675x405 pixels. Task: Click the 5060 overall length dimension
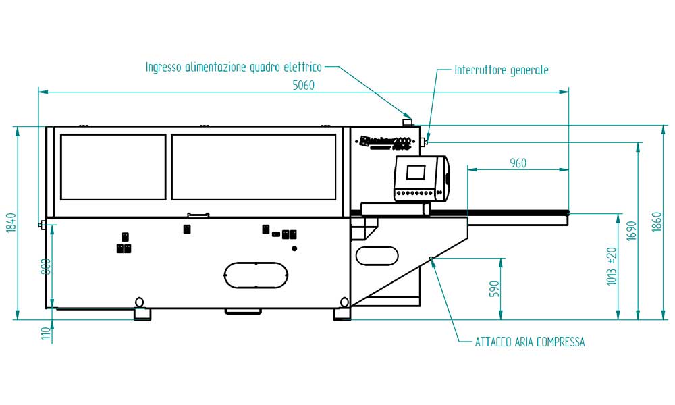tap(303, 85)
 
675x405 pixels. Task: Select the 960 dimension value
tap(518, 163)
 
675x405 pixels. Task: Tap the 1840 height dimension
tap(11, 223)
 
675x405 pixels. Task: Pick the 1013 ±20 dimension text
tap(612, 265)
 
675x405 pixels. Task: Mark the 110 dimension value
tap(45, 333)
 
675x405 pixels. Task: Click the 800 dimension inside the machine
tap(45, 268)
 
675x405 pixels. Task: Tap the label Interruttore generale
tap(501, 70)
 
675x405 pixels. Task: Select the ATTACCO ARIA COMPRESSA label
tap(530, 342)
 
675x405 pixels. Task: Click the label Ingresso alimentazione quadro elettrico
tap(234, 67)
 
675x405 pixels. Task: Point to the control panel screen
tap(416, 171)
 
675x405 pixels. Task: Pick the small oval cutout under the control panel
tap(377, 255)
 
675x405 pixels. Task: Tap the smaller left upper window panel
tap(113, 167)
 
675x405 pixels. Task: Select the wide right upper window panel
tap(253, 167)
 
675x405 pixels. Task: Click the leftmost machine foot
tap(142, 314)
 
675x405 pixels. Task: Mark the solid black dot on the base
tap(294, 248)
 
